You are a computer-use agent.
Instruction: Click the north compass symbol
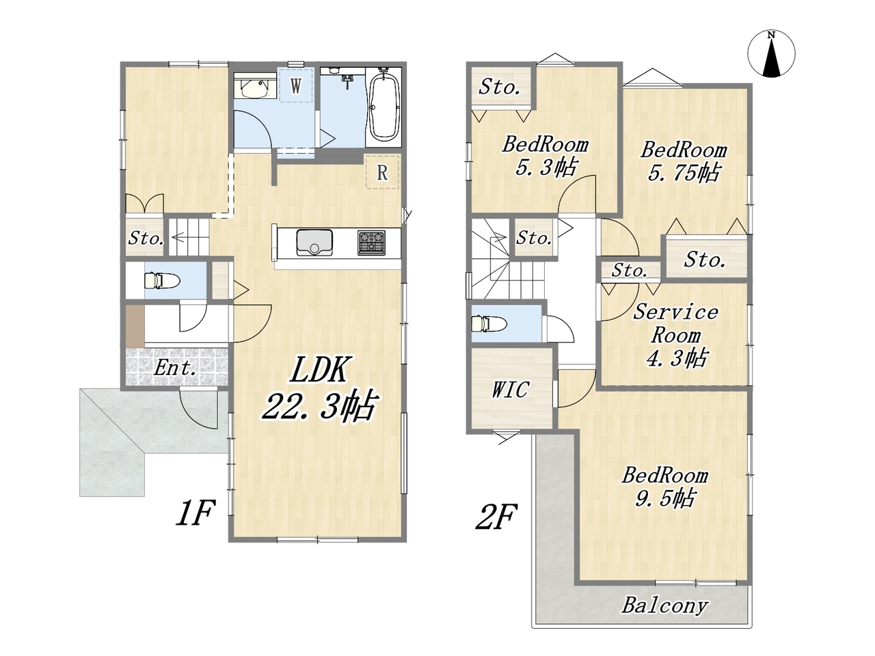pos(771,53)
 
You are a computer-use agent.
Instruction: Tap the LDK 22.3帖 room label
pos(319,388)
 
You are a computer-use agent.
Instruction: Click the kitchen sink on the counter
pos(314,243)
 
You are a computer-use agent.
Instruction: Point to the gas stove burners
pos(371,243)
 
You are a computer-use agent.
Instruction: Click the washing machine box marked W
pos(295,85)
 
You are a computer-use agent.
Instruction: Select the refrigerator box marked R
pos(382,172)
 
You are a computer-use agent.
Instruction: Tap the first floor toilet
pos(161,280)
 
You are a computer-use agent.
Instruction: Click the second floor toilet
pos(489,323)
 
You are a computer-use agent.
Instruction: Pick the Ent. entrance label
pos(176,368)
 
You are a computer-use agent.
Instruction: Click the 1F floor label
pos(196,513)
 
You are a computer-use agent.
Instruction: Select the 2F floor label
pos(496,517)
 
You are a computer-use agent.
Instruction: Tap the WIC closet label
pos(511,389)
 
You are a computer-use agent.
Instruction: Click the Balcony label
pos(665,606)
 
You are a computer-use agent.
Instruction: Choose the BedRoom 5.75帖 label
pos(684,161)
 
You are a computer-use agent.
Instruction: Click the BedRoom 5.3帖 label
pos(546,156)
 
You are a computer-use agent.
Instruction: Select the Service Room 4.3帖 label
pos(675,336)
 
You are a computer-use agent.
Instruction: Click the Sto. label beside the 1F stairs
pos(146,238)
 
